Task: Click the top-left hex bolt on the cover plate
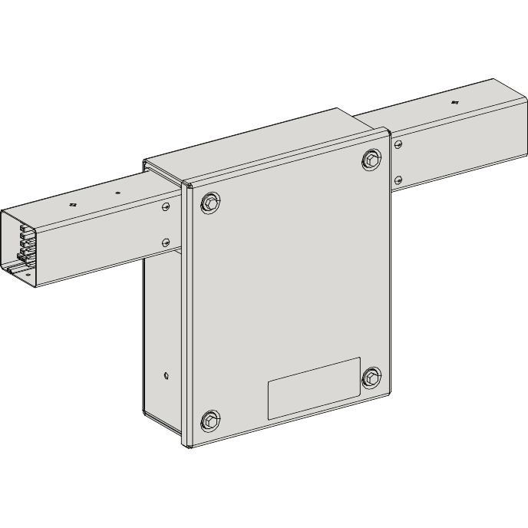(210, 203)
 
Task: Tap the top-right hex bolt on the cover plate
(372, 159)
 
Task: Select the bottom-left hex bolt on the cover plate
(210, 420)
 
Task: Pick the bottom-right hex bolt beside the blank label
(371, 377)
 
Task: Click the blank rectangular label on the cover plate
(314, 388)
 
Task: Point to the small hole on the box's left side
(167, 376)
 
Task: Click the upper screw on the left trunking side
(167, 206)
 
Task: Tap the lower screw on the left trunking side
(167, 242)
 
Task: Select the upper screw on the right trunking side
(398, 144)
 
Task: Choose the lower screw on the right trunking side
(398, 180)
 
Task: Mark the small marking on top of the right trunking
(454, 101)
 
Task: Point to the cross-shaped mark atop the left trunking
(73, 205)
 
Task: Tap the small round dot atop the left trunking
(117, 193)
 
